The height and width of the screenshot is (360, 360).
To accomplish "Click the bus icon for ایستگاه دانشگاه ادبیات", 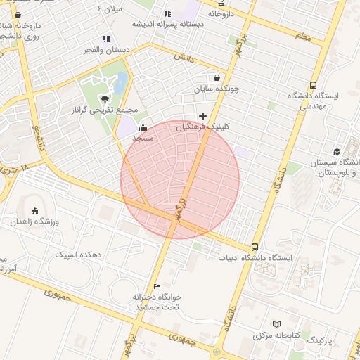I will pyautogui.click(x=255, y=247).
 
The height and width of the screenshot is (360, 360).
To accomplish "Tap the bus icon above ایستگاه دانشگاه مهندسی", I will pyautogui.click(x=313, y=85).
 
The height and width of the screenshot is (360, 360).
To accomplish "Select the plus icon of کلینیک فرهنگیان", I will pyautogui.click(x=203, y=116).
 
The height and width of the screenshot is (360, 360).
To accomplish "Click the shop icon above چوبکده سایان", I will pyautogui.click(x=217, y=77).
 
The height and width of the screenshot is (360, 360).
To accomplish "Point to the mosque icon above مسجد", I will pyautogui.click(x=143, y=128).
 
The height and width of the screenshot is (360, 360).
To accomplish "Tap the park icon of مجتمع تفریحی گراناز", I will pyautogui.click(x=105, y=99).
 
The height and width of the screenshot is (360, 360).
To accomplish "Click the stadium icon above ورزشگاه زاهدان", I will pyautogui.click(x=35, y=211).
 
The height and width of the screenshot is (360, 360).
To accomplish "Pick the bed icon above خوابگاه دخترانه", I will pyautogui.click(x=157, y=286).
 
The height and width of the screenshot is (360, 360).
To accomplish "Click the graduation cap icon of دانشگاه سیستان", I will pyautogui.click(x=337, y=152).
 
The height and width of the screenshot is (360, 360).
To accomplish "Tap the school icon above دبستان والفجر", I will pyautogui.click(x=106, y=39).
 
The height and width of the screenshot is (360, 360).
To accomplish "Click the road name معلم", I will pyautogui.click(x=302, y=34).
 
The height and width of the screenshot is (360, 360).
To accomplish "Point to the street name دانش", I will pyautogui.click(x=181, y=58).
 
